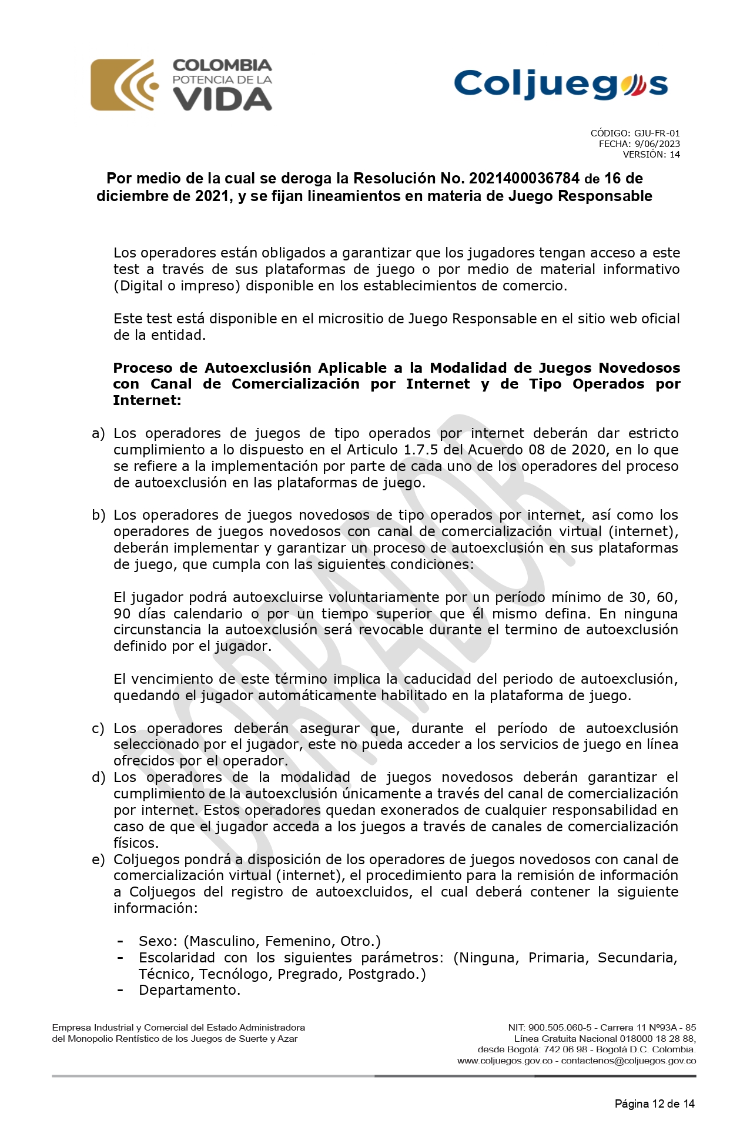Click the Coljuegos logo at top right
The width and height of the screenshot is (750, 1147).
coord(561,84)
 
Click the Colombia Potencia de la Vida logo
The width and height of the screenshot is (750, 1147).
coord(181,85)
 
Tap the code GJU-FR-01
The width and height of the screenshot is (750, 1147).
coord(657,133)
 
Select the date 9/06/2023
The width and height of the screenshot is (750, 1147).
coord(657,144)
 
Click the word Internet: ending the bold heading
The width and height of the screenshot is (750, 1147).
coord(147,400)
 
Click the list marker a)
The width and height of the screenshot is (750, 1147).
coord(98,434)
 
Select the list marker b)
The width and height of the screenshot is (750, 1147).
coord(98,516)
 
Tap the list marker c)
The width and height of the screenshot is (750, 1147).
coord(98,729)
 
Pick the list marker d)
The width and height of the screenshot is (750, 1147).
coord(98,778)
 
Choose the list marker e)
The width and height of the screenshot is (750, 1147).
coord(98,860)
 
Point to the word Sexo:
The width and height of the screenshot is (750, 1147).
coord(159,941)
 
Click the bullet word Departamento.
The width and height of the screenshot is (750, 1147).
coord(189,990)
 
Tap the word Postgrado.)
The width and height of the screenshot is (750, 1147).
coord(387,974)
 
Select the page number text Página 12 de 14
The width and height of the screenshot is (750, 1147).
coord(654,1103)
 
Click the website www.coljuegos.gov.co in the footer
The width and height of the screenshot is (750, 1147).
coord(504,1061)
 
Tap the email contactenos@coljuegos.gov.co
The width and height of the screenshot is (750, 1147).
coord(628,1061)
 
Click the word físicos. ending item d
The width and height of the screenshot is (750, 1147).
coord(136,843)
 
